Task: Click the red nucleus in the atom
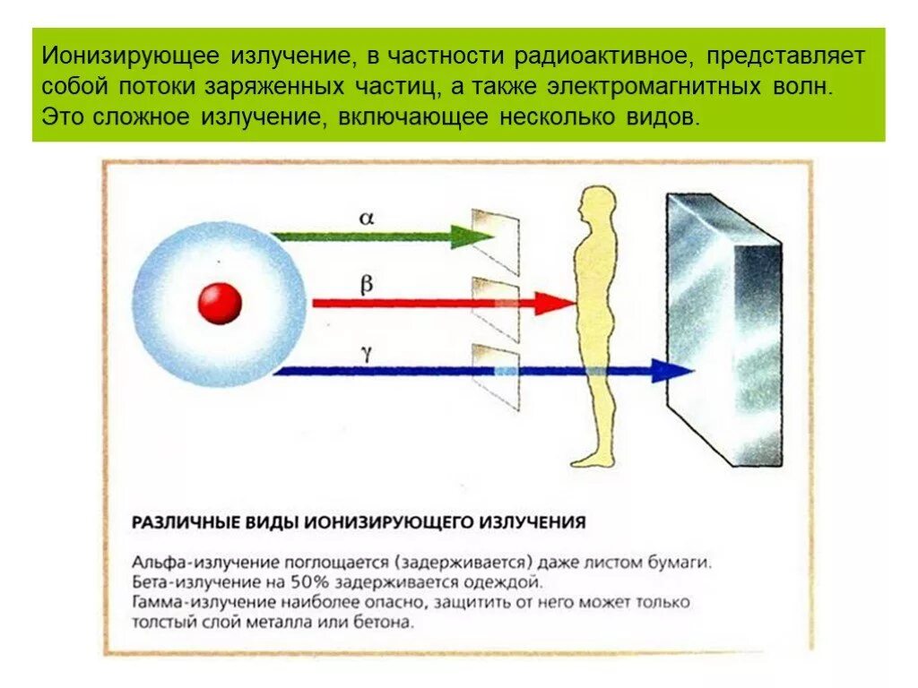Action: pos(220,303)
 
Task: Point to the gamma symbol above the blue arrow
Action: pos(367,353)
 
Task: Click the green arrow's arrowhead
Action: pos(474,236)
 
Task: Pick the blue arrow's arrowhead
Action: pos(673,370)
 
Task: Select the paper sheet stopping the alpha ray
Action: pos(496,240)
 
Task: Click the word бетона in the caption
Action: pos(388,622)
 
